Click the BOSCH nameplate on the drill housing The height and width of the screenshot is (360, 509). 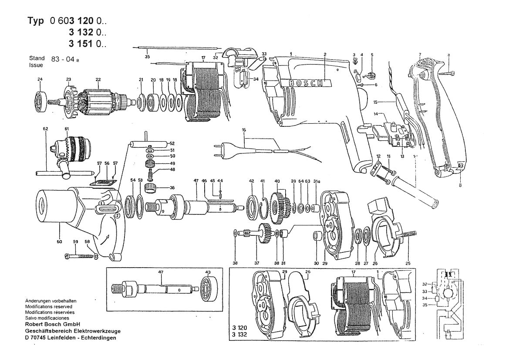pos(304,83)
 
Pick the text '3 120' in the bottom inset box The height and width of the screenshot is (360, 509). pos(241,330)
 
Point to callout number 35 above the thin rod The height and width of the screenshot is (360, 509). pos(147,57)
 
